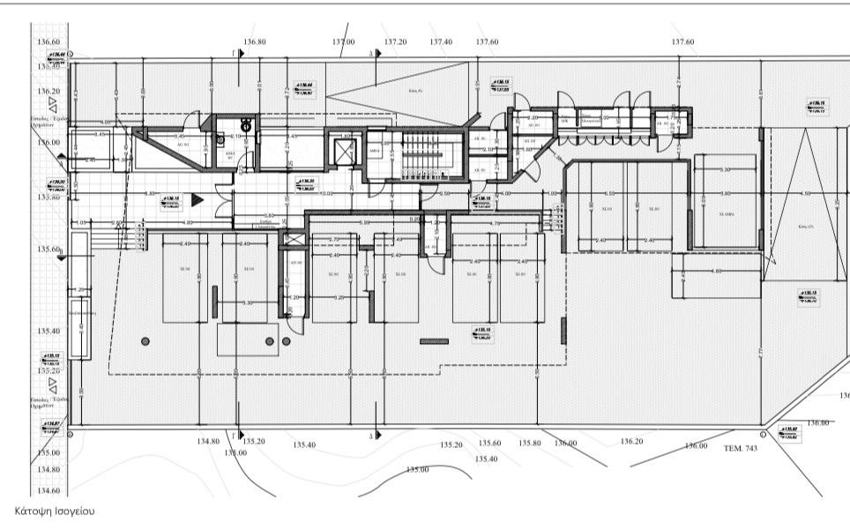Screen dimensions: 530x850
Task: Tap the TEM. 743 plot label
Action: (x=741, y=448)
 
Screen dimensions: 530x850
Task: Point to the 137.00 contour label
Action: (x=343, y=41)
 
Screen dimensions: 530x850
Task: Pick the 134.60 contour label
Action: (x=47, y=491)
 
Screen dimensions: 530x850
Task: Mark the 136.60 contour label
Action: (x=47, y=41)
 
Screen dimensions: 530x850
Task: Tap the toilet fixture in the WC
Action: (x=247, y=127)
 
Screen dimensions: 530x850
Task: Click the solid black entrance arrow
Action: (x=198, y=200)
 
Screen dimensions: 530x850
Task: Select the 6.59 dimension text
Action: (x=608, y=194)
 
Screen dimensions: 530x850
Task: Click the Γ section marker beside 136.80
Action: (x=238, y=54)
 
